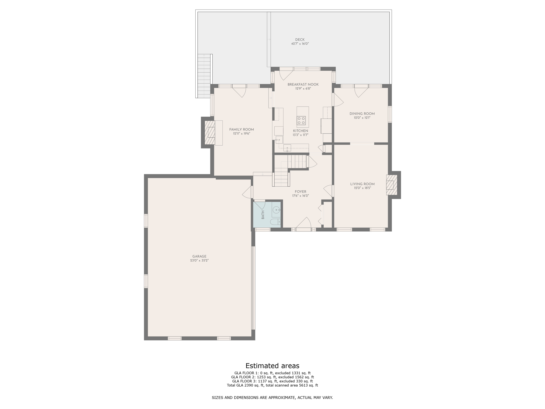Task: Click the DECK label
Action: pos(300,40)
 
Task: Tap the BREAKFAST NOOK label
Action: pos(303,84)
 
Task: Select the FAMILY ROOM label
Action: pos(241,130)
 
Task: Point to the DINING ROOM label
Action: pos(362,114)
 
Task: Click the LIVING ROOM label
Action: pos(362,184)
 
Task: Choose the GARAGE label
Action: pos(199,256)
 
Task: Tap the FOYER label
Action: pos(300,192)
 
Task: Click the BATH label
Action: pos(263,215)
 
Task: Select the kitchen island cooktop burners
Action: pos(301,121)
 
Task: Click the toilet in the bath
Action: pos(275,222)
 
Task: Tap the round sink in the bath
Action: pos(277,210)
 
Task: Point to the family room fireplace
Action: pos(210,133)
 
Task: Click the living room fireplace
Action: pos(391,185)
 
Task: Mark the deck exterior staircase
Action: pos(204,76)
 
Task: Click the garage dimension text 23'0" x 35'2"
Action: pos(199,261)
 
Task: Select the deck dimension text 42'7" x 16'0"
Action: pos(300,44)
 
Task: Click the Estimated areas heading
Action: pos(272,366)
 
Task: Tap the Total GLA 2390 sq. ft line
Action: pos(272,385)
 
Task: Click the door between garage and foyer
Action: pos(247,192)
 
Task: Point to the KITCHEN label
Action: pos(300,131)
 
